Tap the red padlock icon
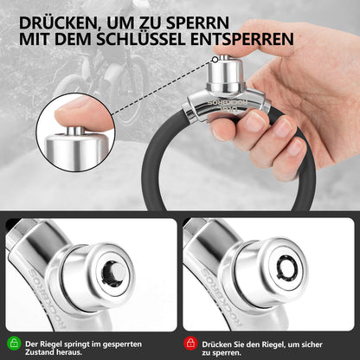coord(190,343)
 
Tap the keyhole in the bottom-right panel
coord(286,269)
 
